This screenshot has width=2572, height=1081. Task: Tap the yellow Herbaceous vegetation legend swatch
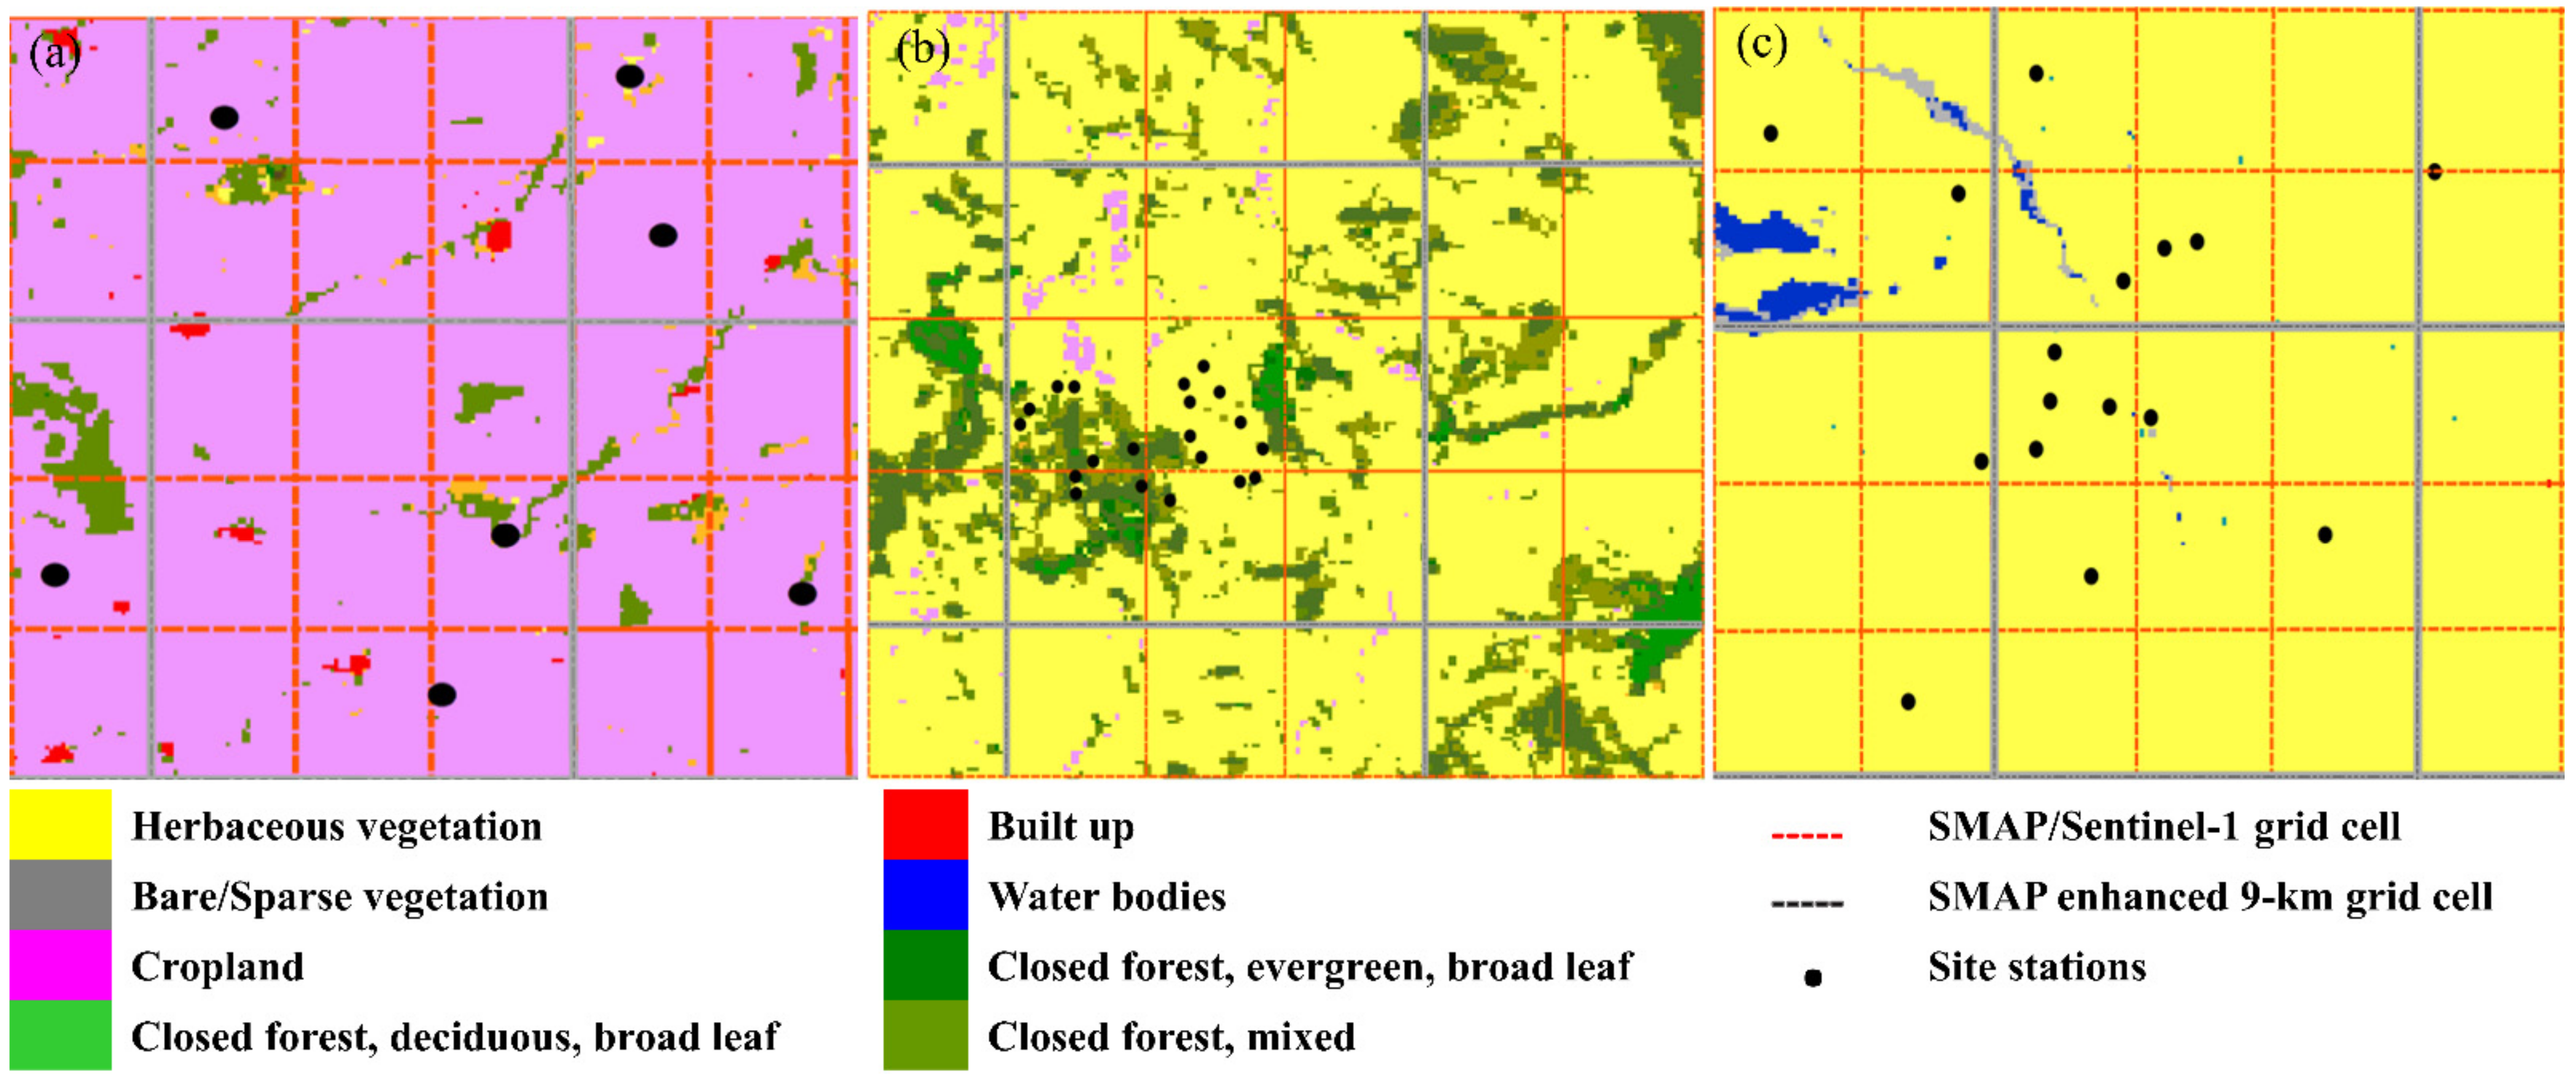(x=60, y=824)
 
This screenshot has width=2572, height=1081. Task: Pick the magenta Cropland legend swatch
(x=60, y=965)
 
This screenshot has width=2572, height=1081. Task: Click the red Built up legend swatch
(x=925, y=824)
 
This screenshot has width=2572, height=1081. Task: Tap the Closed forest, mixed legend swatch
(x=925, y=1035)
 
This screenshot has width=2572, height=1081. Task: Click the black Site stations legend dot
(x=1812, y=977)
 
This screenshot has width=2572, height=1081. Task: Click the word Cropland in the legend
(x=217, y=966)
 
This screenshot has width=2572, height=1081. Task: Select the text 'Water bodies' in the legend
(x=1106, y=896)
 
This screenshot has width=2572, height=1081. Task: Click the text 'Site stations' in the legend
(x=2036, y=966)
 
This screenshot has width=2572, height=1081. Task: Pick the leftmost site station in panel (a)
(x=55, y=575)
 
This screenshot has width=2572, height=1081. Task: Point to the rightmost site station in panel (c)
(x=2434, y=172)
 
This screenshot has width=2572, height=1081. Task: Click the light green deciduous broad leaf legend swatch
(x=60, y=1035)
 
